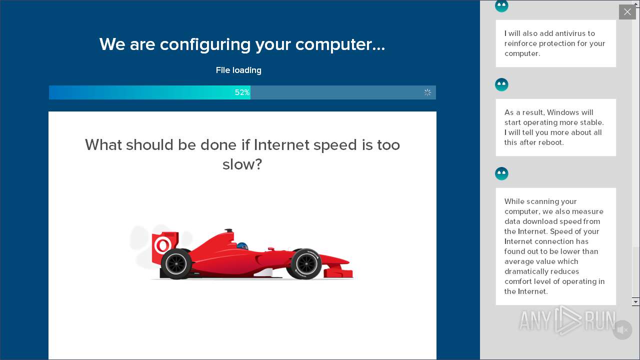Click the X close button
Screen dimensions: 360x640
(x=627, y=12)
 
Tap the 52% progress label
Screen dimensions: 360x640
(x=242, y=92)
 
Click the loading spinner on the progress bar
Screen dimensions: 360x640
(x=427, y=92)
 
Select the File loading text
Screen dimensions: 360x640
(x=238, y=70)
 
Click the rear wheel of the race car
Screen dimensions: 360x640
(x=176, y=263)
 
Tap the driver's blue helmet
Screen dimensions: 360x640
(x=242, y=246)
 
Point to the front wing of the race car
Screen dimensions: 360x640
(x=340, y=272)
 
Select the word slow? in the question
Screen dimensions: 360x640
(x=242, y=164)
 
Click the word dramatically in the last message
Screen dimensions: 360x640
(x=527, y=271)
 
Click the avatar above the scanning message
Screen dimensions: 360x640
(x=501, y=173)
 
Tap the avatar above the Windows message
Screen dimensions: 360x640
(x=501, y=84)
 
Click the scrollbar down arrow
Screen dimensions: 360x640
(x=635, y=301)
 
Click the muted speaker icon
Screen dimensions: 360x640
(x=622, y=330)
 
